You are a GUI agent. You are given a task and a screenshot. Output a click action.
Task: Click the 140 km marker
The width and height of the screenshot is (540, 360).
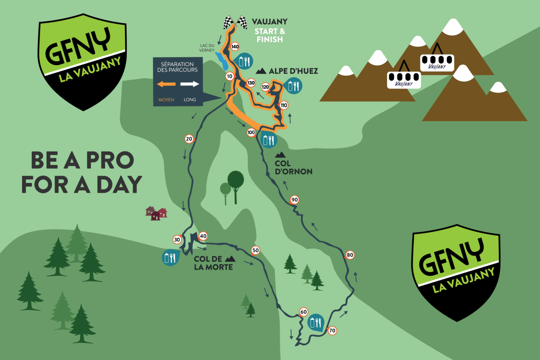coord(234,46)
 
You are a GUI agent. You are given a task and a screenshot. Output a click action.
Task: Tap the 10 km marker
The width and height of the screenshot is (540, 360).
coord(229,76)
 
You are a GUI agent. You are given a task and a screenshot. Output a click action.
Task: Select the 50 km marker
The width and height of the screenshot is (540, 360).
coord(256,251)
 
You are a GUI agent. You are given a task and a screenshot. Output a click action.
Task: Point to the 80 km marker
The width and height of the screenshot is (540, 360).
coord(350,255)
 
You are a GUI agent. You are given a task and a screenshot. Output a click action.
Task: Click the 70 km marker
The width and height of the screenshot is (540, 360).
coord(332,331)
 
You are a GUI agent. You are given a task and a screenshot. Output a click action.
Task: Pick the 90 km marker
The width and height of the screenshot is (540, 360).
coord(295,200)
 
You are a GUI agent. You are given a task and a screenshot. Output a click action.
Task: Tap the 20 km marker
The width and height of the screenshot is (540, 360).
coord(189,139)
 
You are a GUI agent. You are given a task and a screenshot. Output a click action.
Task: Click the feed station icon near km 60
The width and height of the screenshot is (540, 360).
coord(315,322)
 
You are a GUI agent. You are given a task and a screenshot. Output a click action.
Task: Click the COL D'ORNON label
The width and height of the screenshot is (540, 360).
coord(293,167)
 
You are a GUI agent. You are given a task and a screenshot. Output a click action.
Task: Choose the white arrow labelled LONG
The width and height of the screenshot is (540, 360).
coord(189,84)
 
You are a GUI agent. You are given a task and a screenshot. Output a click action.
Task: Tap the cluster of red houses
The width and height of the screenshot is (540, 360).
coord(156,213)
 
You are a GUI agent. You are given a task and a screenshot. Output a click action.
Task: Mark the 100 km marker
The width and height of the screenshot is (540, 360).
coord(251,133)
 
